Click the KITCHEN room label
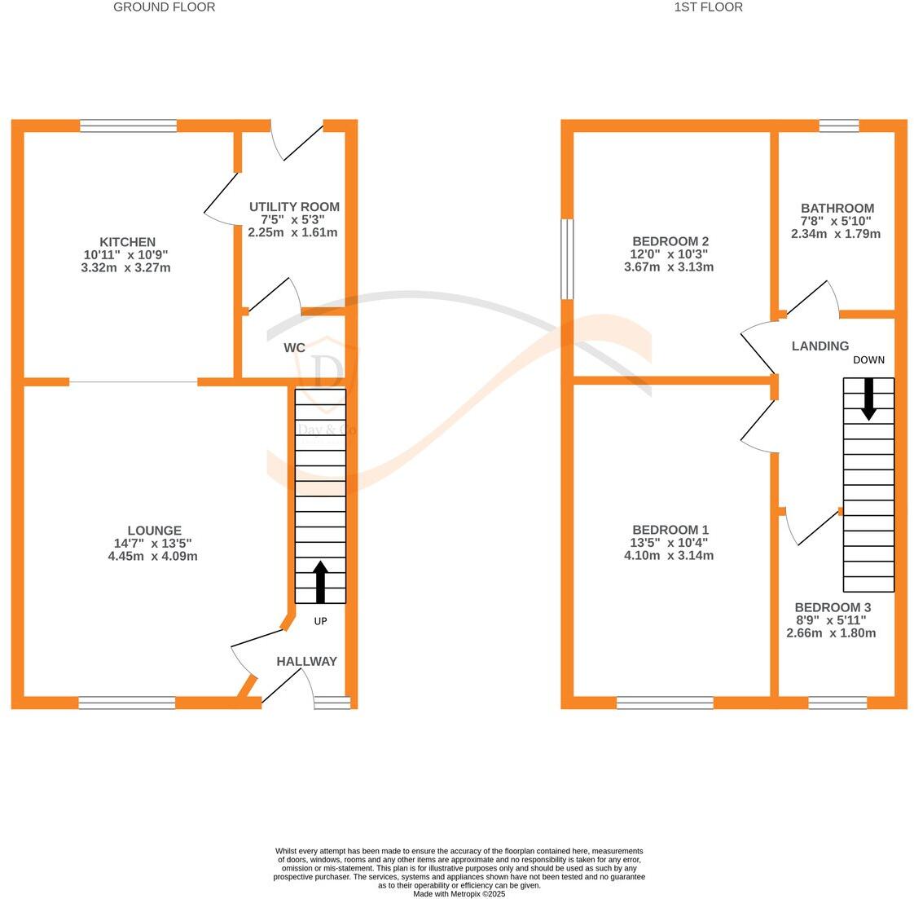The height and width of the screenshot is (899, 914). [127, 242]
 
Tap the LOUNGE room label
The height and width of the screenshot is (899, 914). [154, 531]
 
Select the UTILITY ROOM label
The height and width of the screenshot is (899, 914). [294, 207]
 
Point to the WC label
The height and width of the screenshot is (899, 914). [294, 348]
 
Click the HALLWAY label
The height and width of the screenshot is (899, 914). [306, 662]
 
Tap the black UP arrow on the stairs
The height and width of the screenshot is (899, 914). [320, 580]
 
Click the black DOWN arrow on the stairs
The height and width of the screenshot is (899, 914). [868, 399]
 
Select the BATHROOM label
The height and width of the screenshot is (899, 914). [837, 209]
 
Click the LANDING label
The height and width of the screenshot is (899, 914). [820, 346]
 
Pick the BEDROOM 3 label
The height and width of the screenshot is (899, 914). [833, 607]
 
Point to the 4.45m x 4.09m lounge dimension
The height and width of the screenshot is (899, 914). [156, 557]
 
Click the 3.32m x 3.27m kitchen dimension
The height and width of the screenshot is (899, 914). [126, 267]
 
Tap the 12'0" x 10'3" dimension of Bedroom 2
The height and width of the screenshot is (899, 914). [670, 254]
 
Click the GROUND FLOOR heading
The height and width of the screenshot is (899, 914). [164, 7]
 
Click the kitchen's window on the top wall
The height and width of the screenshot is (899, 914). [129, 126]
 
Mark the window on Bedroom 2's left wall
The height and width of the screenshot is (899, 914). [567, 259]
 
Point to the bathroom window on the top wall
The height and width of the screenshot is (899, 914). [838, 126]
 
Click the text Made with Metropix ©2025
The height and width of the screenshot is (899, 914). [459, 893]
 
